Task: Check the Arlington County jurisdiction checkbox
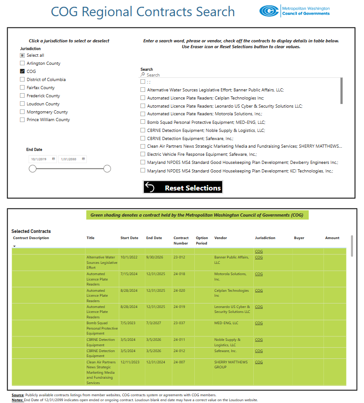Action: tap(22, 63)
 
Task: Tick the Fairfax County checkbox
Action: tap(22, 88)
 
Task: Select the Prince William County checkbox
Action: tap(22, 120)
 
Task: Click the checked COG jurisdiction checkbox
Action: tap(22, 72)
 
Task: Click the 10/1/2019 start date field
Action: tap(40, 159)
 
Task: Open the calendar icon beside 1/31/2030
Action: tap(83, 159)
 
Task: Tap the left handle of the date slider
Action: tap(32, 169)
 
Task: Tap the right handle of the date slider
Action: tap(107, 169)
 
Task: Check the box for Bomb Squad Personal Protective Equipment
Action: tap(143, 122)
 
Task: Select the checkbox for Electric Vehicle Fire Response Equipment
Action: tap(143, 154)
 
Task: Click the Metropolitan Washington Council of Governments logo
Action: tap(295, 11)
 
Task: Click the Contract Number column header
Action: tap(181, 240)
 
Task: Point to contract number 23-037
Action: tap(180, 323)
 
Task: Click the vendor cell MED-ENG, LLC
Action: tap(226, 323)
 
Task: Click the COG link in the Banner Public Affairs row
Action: tap(259, 258)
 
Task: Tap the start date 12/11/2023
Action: tap(130, 362)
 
